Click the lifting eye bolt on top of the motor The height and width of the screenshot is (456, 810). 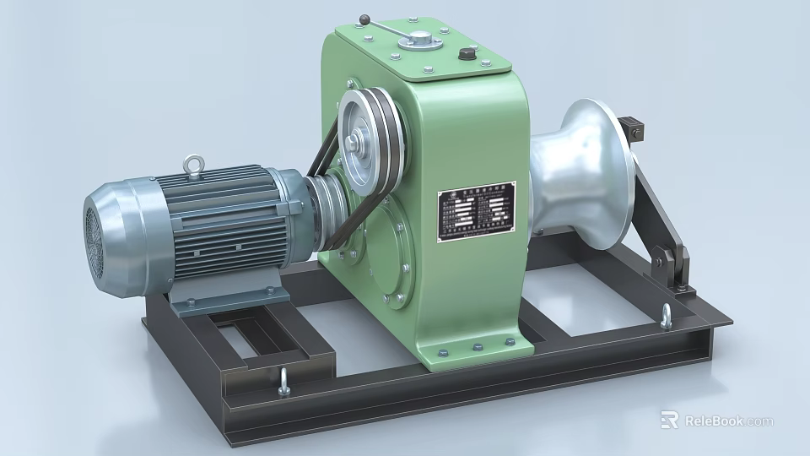pyautogui.click(x=196, y=161)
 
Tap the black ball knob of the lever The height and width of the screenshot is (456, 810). pyautogui.click(x=364, y=19)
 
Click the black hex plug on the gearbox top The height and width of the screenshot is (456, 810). pyautogui.click(x=467, y=55)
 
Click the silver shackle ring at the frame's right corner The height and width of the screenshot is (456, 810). pyautogui.click(x=667, y=316)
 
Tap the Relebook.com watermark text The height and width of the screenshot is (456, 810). pyautogui.click(x=728, y=421)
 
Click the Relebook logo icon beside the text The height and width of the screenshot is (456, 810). pyautogui.click(x=669, y=420)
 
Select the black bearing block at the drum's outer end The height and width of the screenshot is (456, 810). pyautogui.click(x=633, y=131)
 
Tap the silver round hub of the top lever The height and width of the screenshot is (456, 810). pyautogui.click(x=418, y=39)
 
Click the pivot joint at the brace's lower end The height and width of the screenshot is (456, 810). pyautogui.click(x=672, y=261)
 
